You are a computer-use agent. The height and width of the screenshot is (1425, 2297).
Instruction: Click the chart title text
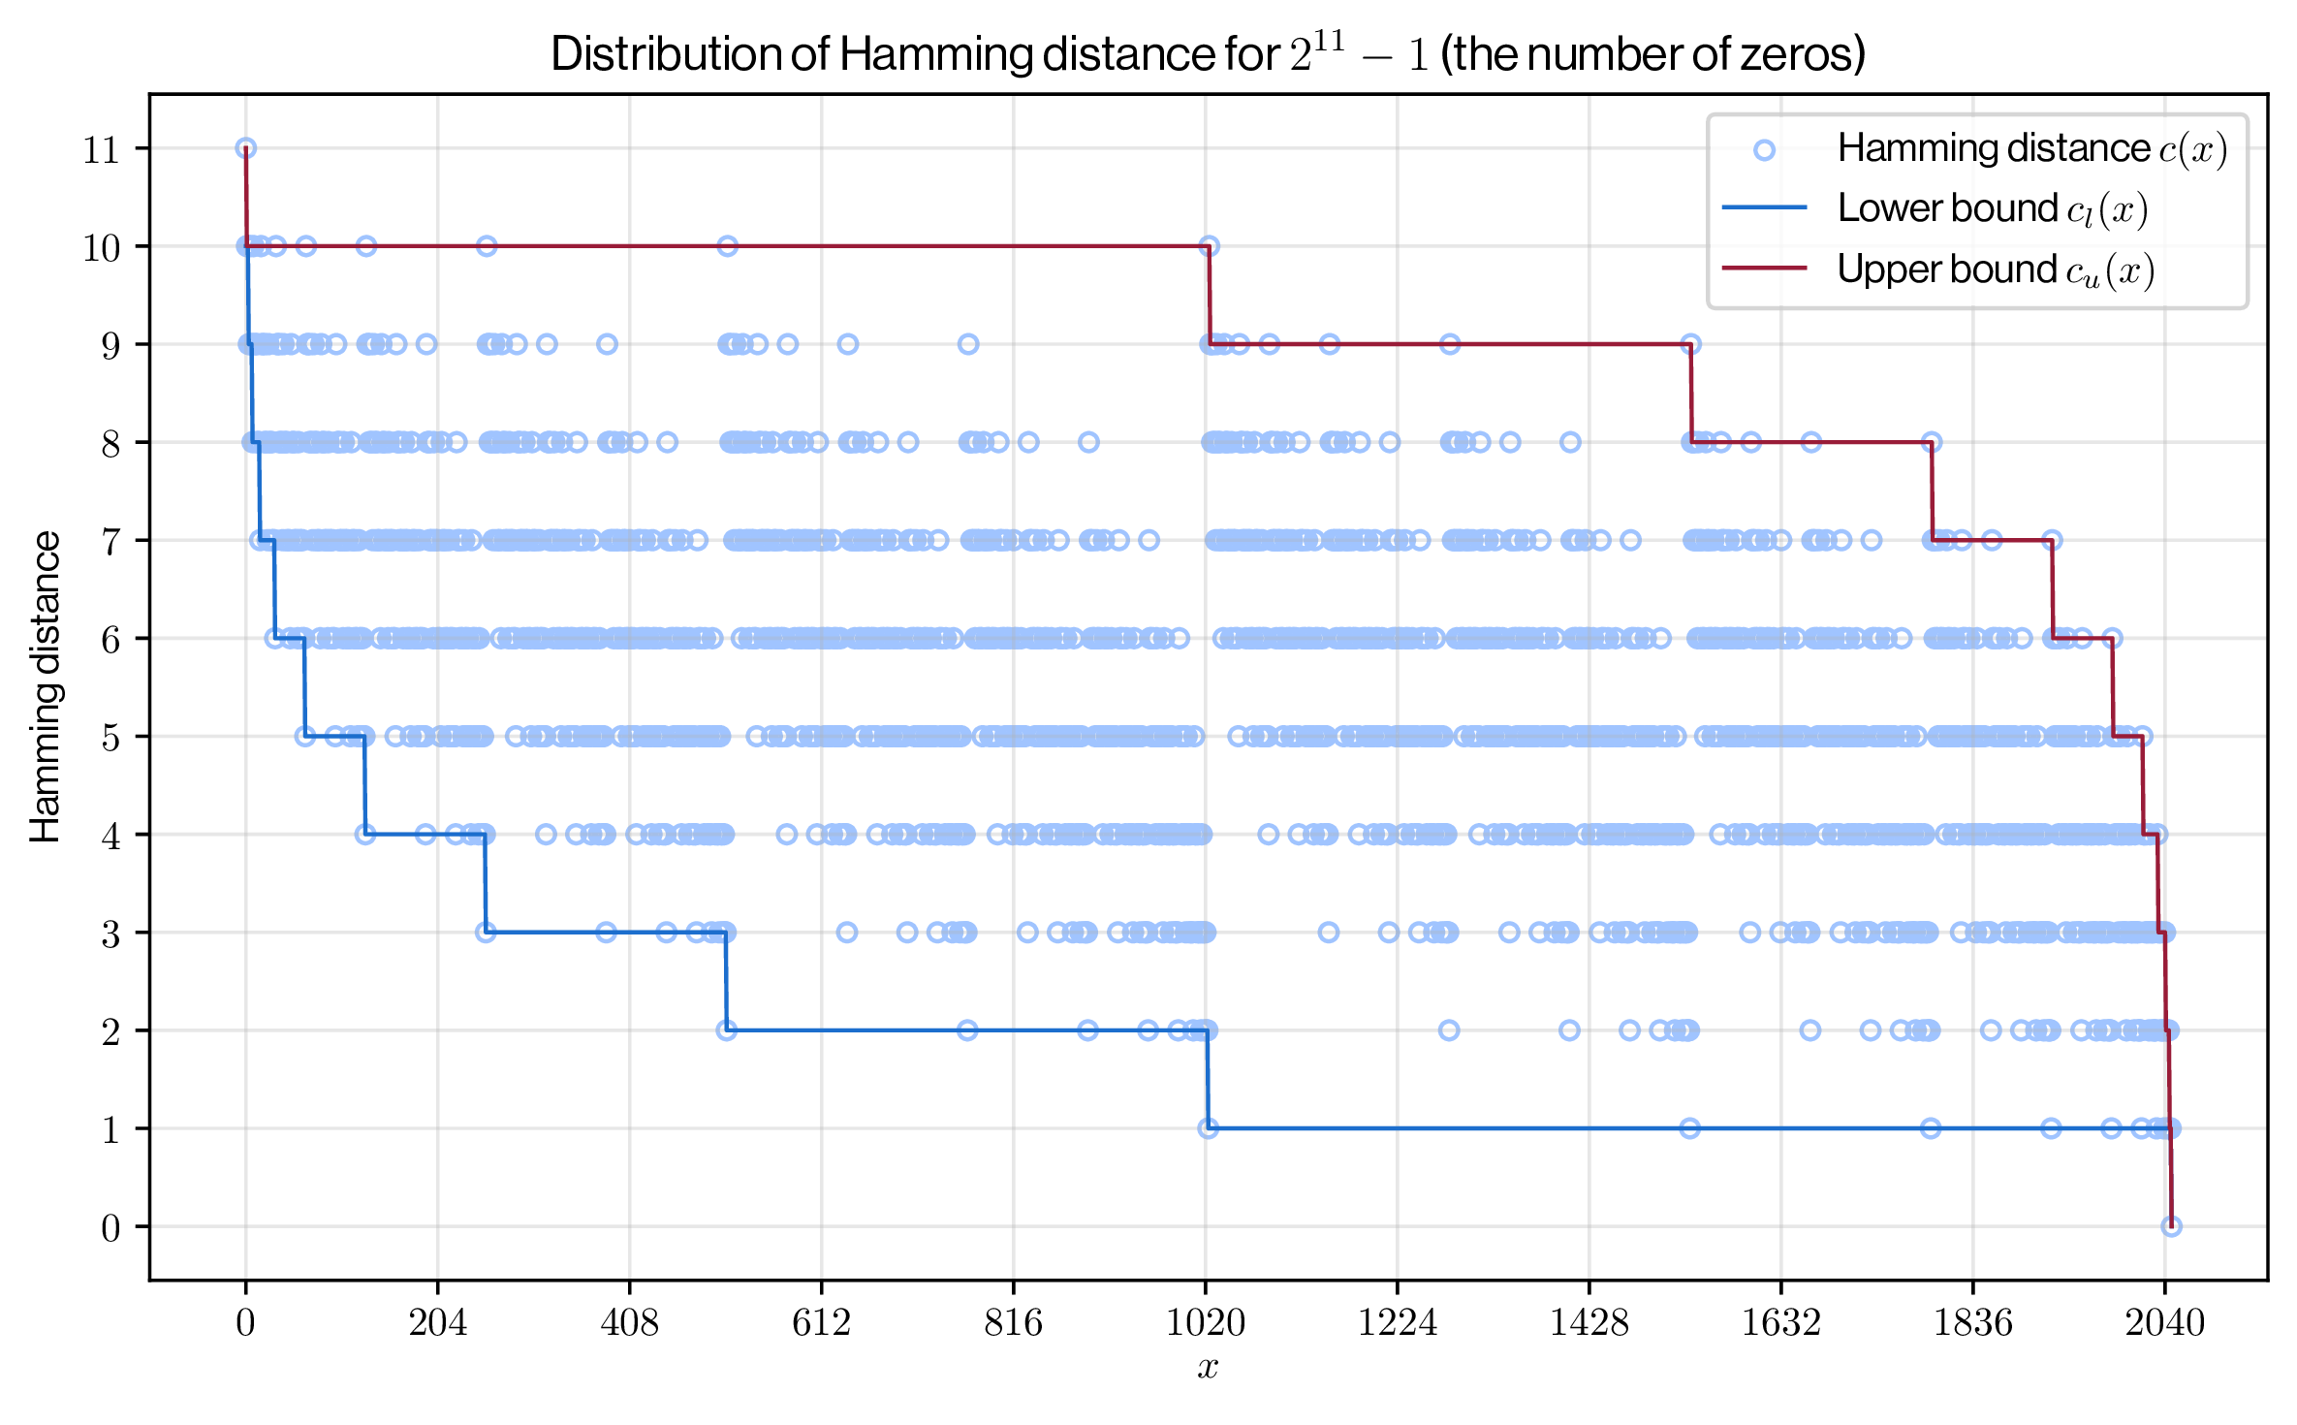[x=1208, y=54]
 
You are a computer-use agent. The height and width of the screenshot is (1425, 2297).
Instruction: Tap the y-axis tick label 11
[x=102, y=150]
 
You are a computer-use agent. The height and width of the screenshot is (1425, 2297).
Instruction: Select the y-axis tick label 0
[x=111, y=1228]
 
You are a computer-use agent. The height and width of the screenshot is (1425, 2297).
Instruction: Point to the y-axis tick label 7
[x=111, y=542]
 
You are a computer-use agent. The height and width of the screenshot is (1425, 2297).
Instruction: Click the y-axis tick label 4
[x=111, y=836]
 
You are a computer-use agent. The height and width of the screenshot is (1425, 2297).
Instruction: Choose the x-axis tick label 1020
[x=1205, y=1322]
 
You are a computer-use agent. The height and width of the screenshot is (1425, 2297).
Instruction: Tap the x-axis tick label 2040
[x=2164, y=1322]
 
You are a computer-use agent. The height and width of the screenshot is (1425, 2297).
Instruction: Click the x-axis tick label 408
[x=629, y=1322]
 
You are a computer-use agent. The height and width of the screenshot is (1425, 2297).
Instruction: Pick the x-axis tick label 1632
[x=1780, y=1322]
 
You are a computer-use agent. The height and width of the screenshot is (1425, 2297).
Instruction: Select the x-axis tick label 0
[x=245, y=1322]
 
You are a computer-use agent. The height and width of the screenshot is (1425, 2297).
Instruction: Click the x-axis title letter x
[x=1208, y=1367]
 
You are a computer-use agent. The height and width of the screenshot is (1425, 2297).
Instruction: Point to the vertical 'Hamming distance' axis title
[x=46, y=686]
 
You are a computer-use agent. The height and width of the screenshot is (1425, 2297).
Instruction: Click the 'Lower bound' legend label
[x=1992, y=209]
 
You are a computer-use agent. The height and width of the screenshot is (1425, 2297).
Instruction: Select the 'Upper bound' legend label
[x=1995, y=269]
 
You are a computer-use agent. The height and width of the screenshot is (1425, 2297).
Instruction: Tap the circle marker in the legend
[x=1765, y=149]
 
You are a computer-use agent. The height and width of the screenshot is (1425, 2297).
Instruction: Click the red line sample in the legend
[x=1765, y=269]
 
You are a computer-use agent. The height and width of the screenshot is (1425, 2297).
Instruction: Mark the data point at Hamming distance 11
[x=246, y=148]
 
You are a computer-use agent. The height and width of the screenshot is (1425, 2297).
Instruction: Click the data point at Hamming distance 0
[x=2171, y=1226]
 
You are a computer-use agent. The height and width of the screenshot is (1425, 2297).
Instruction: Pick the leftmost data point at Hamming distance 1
[x=1208, y=1128]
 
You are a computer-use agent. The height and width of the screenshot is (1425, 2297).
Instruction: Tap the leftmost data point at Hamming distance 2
[x=727, y=1030]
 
